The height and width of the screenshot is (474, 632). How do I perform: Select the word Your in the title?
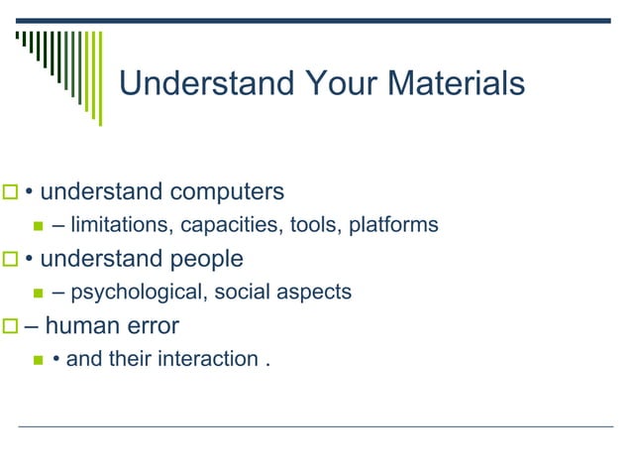pyautogui.click(x=329, y=83)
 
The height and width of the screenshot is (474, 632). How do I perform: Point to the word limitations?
pyautogui.click(x=121, y=225)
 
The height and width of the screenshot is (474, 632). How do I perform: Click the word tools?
pyautogui.click(x=314, y=225)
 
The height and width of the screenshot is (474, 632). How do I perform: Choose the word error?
pyautogui.click(x=149, y=325)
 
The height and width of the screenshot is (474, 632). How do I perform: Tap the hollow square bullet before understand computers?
pyautogui.click(x=11, y=191)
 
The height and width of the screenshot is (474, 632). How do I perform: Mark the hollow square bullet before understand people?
pyautogui.click(x=11, y=260)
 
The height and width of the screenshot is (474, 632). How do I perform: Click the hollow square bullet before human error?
pyautogui.click(x=11, y=326)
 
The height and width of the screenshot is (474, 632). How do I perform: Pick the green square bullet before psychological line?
pyautogui.click(x=40, y=294)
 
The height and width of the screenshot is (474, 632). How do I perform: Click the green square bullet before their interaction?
pyautogui.click(x=40, y=359)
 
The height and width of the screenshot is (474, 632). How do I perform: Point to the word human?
pyautogui.click(x=77, y=325)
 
